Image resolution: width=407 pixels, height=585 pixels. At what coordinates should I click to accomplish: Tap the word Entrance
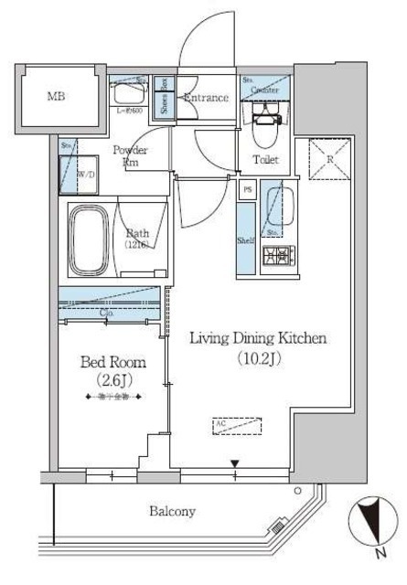pos(206,98)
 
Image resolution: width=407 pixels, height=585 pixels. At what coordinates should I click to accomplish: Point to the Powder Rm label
pos(130,155)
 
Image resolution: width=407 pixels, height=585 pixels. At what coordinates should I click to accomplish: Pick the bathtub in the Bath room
pos(91,240)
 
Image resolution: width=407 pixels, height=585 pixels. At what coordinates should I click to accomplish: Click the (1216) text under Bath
pos(138,245)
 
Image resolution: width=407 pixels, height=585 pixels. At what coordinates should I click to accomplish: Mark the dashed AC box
pos(237,425)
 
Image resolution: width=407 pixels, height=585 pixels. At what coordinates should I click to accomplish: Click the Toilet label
pos(265,160)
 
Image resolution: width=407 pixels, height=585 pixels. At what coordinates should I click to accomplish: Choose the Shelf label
pos(245,239)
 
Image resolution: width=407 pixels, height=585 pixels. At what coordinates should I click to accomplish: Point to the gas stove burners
pos(276,258)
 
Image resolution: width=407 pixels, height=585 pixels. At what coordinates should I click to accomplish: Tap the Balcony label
pos(172,512)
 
